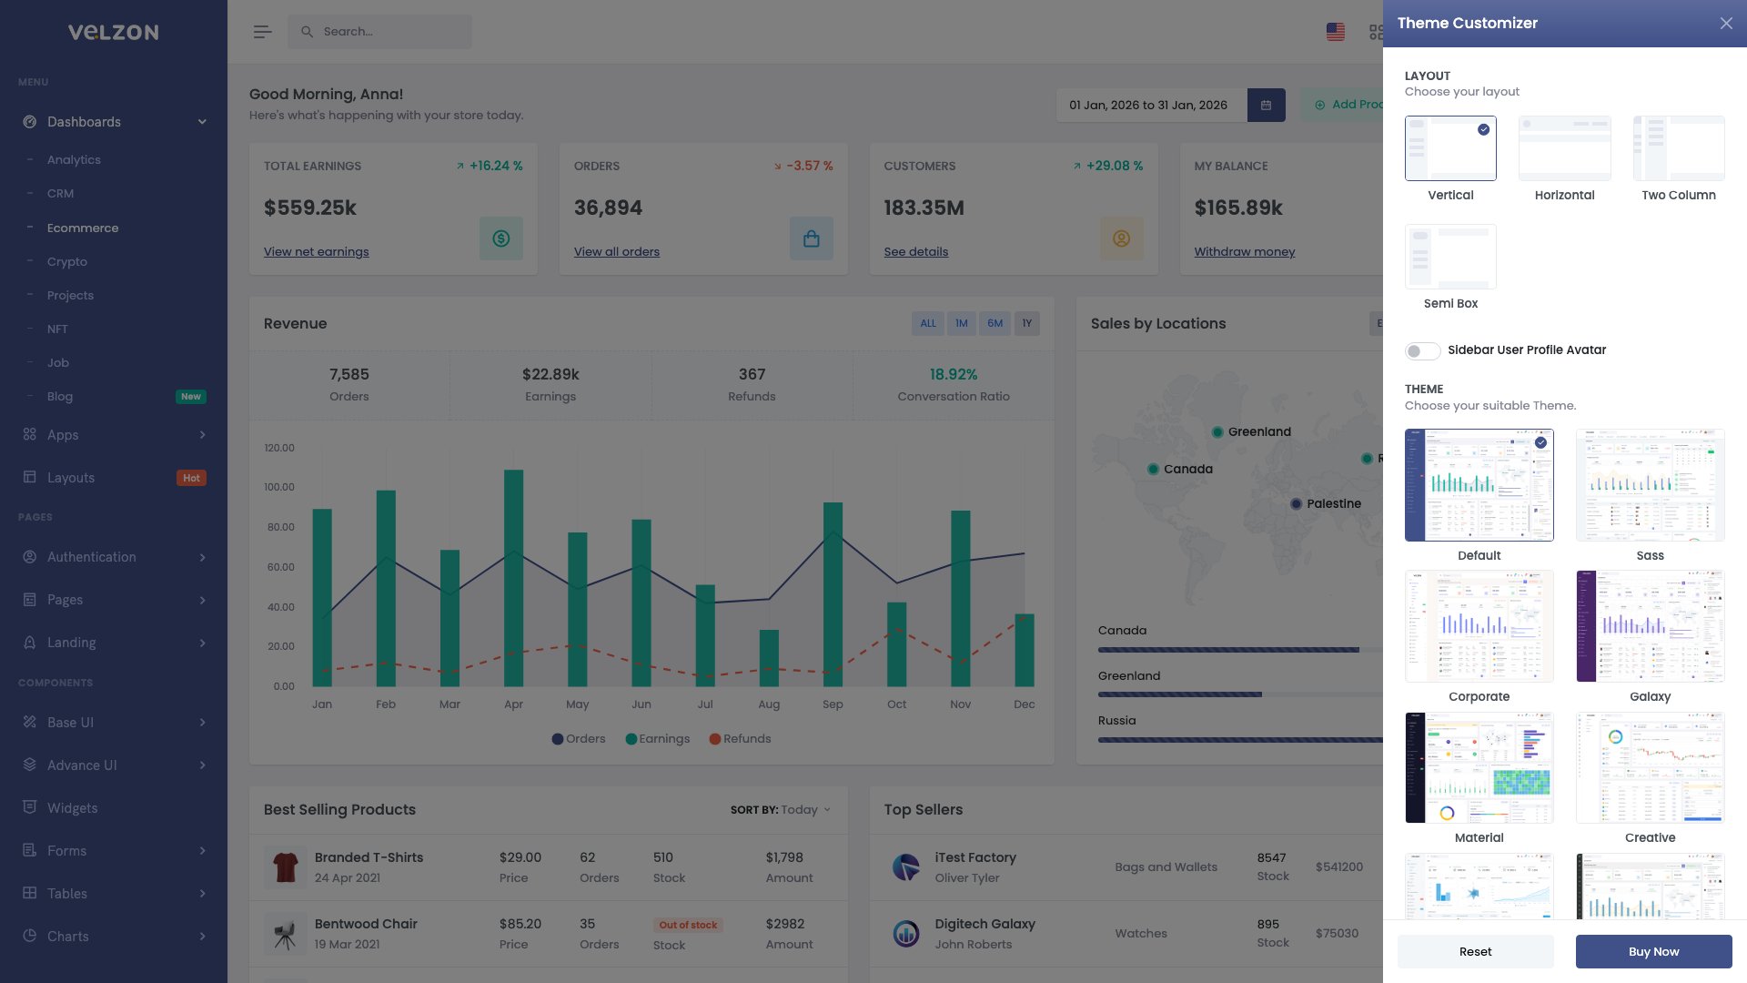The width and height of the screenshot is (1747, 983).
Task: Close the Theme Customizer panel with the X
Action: pyautogui.click(x=1726, y=24)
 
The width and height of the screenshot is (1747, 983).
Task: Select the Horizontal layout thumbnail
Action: pyautogui.click(x=1564, y=148)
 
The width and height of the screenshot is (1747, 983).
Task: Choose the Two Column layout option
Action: pyautogui.click(x=1678, y=148)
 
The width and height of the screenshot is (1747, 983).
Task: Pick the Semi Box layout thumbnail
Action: pyautogui.click(x=1450, y=257)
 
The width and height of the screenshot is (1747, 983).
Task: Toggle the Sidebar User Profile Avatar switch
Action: pyautogui.click(x=1422, y=351)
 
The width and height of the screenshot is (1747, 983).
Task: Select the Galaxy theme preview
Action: pyautogui.click(x=1650, y=626)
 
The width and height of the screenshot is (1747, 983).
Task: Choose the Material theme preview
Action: pyautogui.click(x=1479, y=767)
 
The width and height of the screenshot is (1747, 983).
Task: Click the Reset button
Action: pyautogui.click(x=1475, y=951)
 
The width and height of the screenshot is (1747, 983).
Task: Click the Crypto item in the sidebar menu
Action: pyautogui.click(x=67, y=262)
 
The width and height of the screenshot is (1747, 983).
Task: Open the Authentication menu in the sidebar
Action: pyautogui.click(x=91, y=557)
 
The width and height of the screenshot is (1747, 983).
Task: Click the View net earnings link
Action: pyautogui.click(x=316, y=252)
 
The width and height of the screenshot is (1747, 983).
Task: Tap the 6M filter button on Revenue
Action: pyautogui.click(x=995, y=323)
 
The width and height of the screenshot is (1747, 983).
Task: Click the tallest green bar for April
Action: pyautogui.click(x=513, y=577)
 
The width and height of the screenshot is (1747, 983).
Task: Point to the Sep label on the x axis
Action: pyautogui.click(x=833, y=704)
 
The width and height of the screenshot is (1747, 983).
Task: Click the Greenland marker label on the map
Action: pyautogui.click(x=1258, y=432)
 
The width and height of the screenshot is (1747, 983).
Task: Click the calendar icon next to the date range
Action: pyautogui.click(x=1266, y=106)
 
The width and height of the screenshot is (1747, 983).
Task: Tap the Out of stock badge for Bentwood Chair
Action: pyautogui.click(x=688, y=925)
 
